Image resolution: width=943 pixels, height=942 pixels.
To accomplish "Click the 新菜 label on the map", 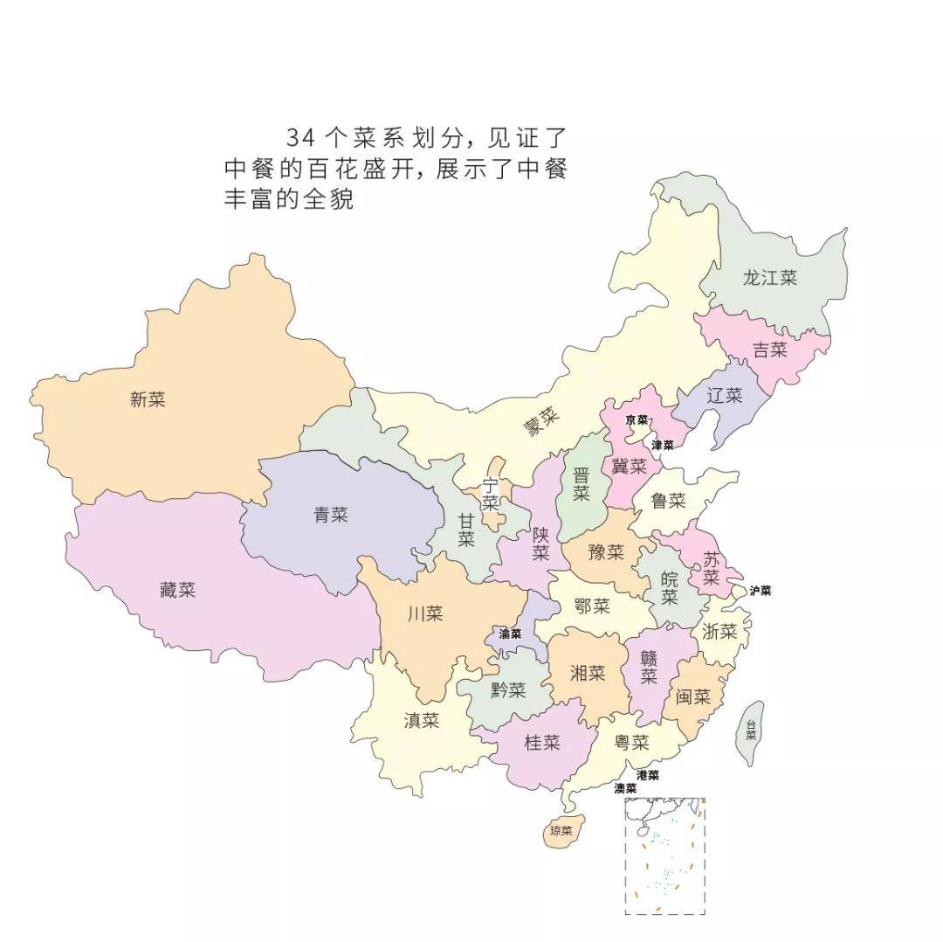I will tap(148, 400).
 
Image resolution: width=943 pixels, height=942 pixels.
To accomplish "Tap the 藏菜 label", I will tap(177, 590).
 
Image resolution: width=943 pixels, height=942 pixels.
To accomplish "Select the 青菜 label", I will tap(331, 515).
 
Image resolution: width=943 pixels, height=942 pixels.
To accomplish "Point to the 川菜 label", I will tap(425, 613).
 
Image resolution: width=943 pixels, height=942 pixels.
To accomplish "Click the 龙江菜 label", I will tap(769, 278).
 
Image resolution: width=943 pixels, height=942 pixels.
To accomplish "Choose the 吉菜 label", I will tap(770, 350).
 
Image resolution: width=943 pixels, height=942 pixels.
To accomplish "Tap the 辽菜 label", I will tap(724, 395).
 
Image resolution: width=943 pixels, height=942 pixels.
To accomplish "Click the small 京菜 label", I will tap(637, 420).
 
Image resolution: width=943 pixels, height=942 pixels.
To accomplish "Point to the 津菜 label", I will tap(663, 445).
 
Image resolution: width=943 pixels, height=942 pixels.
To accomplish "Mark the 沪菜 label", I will tap(760, 591).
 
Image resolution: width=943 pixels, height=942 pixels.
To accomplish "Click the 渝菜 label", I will tap(510, 634).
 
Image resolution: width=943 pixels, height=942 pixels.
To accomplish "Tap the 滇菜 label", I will tap(422, 721).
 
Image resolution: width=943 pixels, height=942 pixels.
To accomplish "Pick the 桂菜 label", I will tap(541, 743).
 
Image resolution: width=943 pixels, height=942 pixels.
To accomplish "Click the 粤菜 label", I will tap(631, 743).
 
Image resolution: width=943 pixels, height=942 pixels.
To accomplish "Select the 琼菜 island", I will tap(561, 831).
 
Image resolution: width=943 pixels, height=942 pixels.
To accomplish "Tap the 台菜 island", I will tap(750, 731).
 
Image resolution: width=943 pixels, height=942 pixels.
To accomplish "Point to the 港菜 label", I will tap(647, 775).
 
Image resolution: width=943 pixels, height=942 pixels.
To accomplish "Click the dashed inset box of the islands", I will tap(664, 855).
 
